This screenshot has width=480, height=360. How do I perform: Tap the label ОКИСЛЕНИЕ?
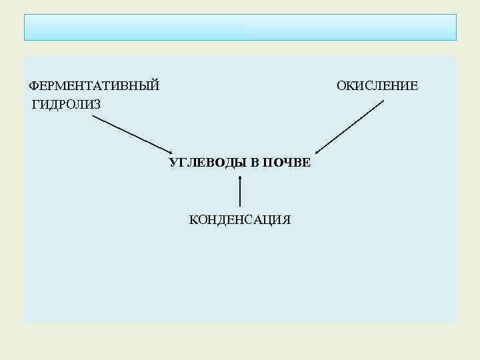coord(377,86)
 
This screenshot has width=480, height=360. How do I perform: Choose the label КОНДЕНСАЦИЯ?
coord(240,220)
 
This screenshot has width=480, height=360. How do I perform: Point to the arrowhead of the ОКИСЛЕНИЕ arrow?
coord(318,153)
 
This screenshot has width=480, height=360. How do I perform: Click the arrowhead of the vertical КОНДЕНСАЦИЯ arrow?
coord(240,176)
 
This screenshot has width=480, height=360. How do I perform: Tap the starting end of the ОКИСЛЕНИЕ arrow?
coord(383,101)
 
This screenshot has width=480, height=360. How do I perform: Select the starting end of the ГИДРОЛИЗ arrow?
coord(93,117)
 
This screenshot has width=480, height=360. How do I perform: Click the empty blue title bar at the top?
coord(240,27)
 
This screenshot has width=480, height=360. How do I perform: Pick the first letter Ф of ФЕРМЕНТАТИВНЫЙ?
coord(33,86)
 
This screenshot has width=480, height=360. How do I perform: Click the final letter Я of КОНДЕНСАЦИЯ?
coord(287,220)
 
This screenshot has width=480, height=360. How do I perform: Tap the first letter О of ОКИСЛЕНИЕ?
coord(341,86)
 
